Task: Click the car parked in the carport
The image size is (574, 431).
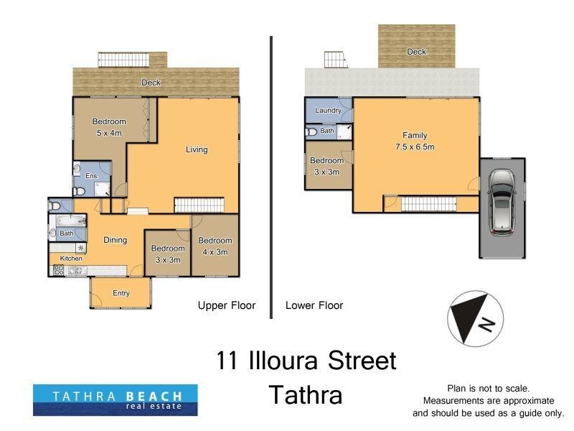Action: tap(501, 203)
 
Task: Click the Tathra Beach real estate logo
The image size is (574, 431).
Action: tap(115, 400)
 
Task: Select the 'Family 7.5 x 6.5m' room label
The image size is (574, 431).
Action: tap(415, 141)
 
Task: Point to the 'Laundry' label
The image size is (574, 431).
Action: tap(328, 111)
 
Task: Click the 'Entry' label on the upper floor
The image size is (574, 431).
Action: tap(121, 292)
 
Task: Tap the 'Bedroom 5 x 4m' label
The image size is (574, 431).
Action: tap(108, 127)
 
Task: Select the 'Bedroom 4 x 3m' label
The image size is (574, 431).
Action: tap(215, 246)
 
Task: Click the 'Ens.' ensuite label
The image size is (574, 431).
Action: tap(92, 176)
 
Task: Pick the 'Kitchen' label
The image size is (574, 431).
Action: tap(70, 258)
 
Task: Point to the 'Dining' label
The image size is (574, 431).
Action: tap(116, 240)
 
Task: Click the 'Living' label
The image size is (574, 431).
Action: tap(197, 149)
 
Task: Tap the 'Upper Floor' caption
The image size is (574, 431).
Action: tap(226, 305)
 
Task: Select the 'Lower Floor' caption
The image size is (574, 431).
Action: tap(314, 305)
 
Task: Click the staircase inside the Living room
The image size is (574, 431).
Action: tap(192, 205)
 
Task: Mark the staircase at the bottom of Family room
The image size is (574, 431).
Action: tap(428, 205)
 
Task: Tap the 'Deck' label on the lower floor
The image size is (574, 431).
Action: tap(416, 52)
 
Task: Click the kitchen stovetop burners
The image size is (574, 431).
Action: tap(57, 271)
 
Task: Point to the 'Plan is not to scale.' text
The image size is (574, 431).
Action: tap(488, 387)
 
